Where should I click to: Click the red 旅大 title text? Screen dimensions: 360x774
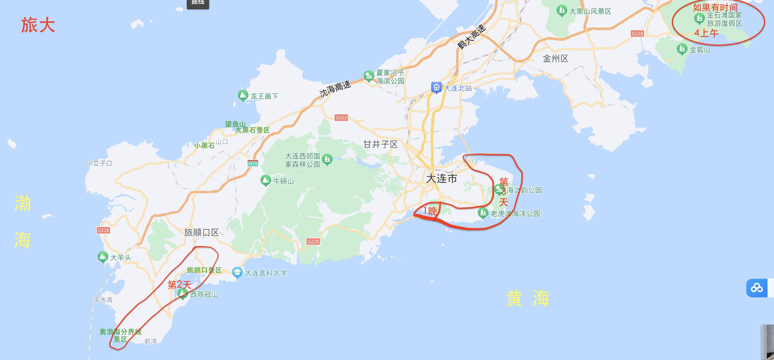click(x=38, y=25)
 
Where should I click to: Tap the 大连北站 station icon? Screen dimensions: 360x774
click(x=436, y=87)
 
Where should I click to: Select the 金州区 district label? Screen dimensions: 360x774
click(x=555, y=58)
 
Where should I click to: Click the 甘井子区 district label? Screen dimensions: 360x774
click(x=381, y=145)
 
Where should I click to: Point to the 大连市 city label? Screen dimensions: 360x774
click(x=441, y=179)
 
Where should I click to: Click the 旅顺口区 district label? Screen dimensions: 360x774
click(x=201, y=233)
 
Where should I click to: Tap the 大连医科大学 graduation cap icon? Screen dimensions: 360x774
click(x=237, y=272)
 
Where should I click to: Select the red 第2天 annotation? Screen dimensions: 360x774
click(x=179, y=285)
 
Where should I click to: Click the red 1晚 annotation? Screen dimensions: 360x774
click(x=430, y=211)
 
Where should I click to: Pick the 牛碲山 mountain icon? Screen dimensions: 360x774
click(x=265, y=180)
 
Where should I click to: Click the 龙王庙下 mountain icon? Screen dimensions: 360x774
click(x=243, y=95)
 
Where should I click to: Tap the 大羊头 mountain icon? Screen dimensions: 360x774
click(x=103, y=257)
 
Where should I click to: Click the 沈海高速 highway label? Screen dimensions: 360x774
click(x=335, y=89)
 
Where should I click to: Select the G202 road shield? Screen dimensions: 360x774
click(x=341, y=118)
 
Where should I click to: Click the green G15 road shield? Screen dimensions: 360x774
click(x=253, y=163)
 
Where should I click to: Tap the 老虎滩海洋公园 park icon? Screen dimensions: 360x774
click(x=482, y=213)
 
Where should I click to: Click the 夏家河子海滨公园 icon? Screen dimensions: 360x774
click(x=368, y=76)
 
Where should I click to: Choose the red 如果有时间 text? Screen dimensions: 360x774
click(x=715, y=7)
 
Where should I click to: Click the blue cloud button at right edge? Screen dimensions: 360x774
click(x=756, y=288)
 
